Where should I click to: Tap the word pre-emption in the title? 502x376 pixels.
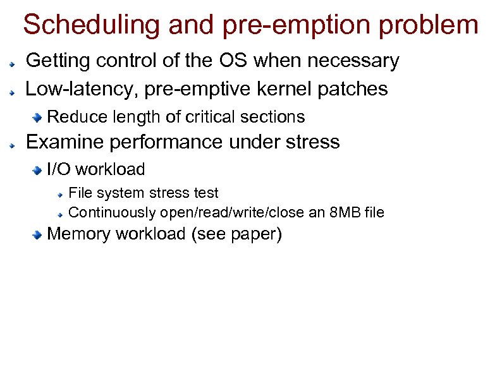coord(274,25)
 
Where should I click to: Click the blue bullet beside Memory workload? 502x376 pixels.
coord(38,234)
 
